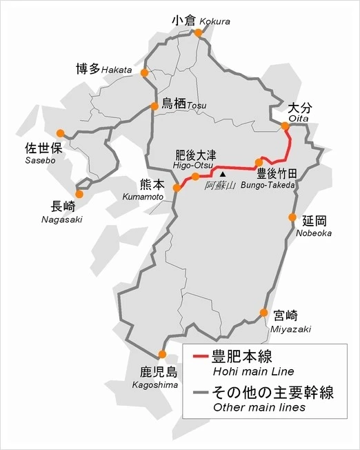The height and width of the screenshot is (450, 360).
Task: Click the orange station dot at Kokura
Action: click(199, 32)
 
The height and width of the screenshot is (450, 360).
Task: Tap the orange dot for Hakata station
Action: click(145, 72)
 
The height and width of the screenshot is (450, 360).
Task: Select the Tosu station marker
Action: click(154, 106)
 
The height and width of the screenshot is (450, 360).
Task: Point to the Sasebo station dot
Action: click(60, 133)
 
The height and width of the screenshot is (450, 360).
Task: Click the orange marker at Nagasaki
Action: click(79, 194)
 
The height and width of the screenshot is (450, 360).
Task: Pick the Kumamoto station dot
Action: click(177, 187)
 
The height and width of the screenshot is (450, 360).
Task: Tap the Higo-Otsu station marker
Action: click(196, 177)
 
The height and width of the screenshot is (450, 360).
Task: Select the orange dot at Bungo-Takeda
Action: click(259, 163)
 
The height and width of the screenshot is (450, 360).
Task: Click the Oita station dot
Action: click(284, 126)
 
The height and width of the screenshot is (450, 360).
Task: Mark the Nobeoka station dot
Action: click(292, 217)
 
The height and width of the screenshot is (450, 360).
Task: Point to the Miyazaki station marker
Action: click(263, 313)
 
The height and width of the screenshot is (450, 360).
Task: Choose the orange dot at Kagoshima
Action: click(162, 355)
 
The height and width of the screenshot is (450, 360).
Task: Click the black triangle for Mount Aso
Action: click(222, 175)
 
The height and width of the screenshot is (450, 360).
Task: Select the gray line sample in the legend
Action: click(200, 393)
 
